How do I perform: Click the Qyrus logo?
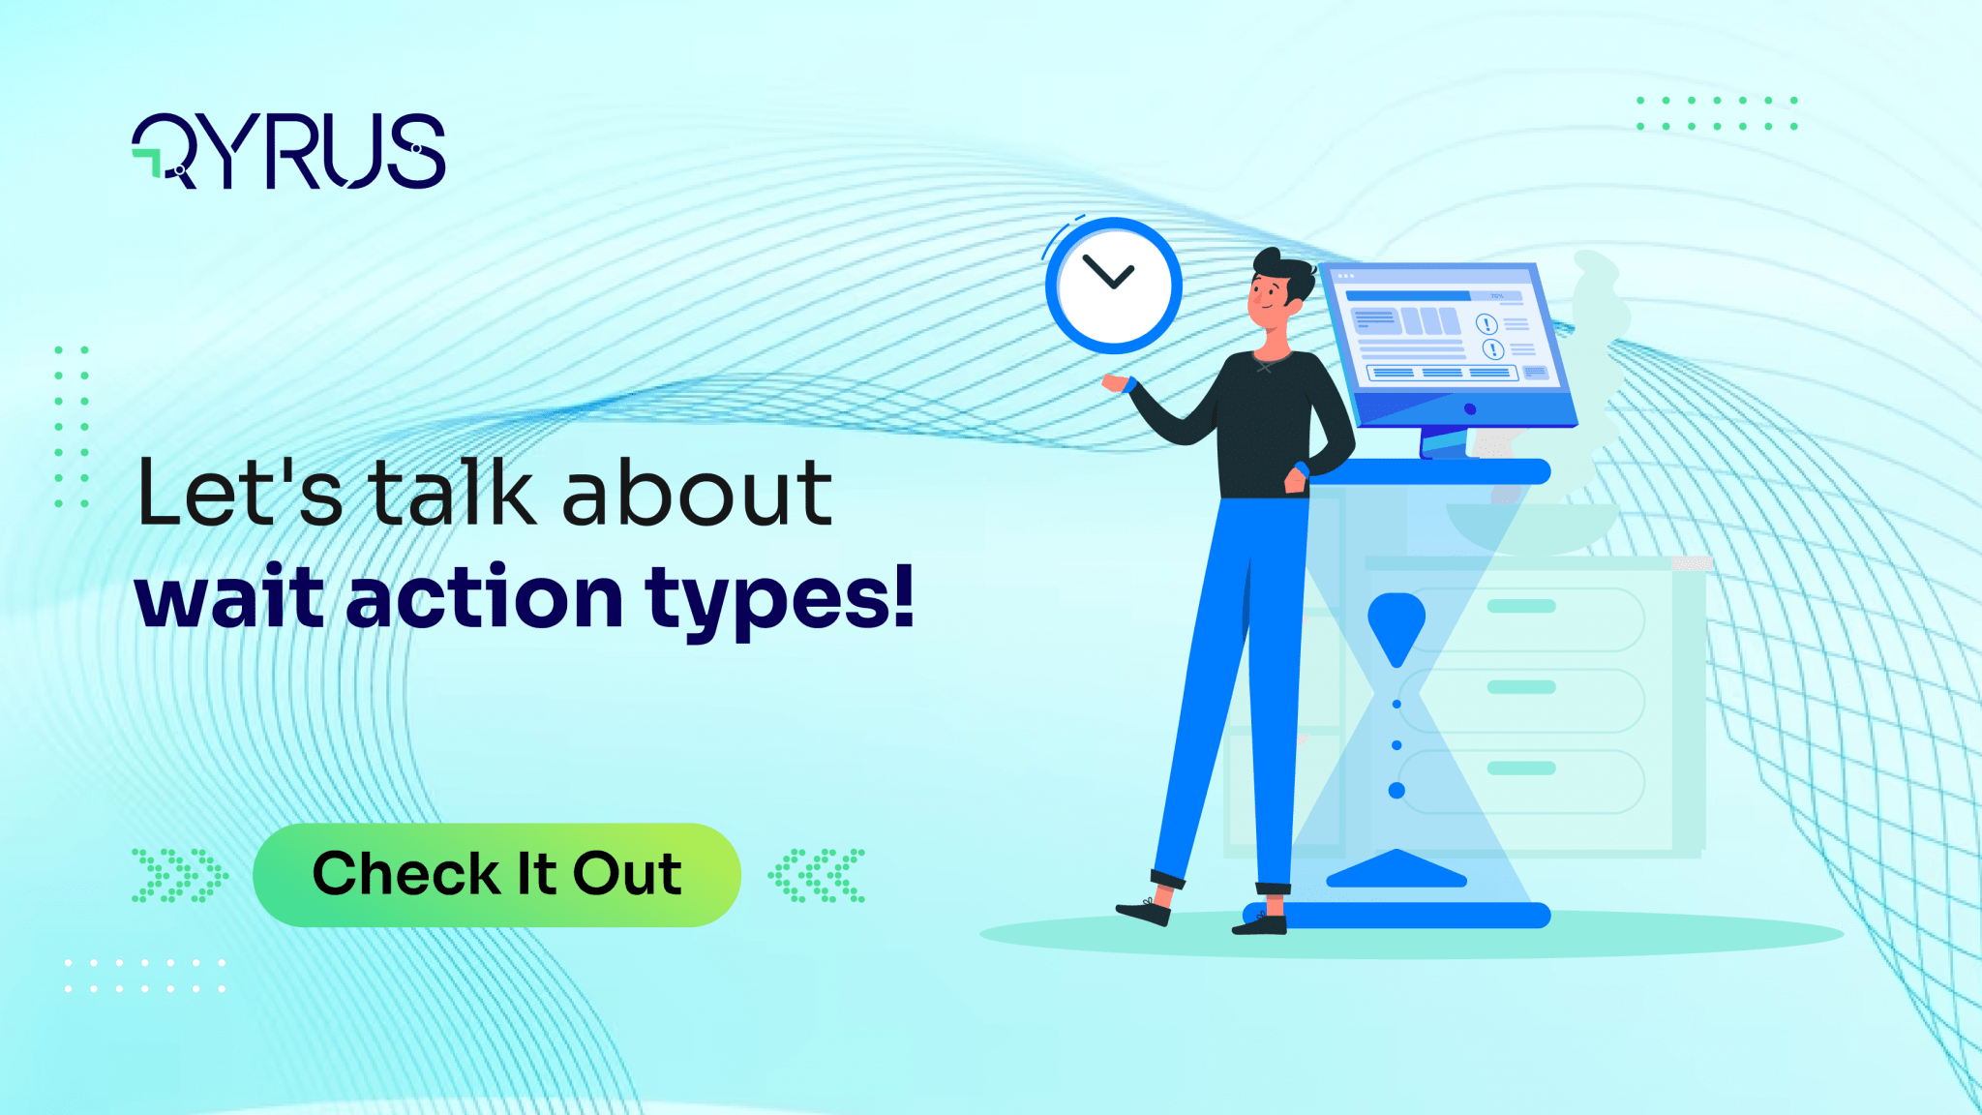pos(288,151)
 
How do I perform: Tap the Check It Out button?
pos(496,875)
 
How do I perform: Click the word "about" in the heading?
pos(697,494)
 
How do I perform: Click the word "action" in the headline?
pos(484,598)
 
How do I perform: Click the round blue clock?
pos(1113,286)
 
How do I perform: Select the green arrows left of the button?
pos(179,875)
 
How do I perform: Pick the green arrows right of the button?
pos(817,875)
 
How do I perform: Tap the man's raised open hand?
pos(1117,383)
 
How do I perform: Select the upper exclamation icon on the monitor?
pos(1486,324)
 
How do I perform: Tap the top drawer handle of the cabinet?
pos(1520,607)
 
